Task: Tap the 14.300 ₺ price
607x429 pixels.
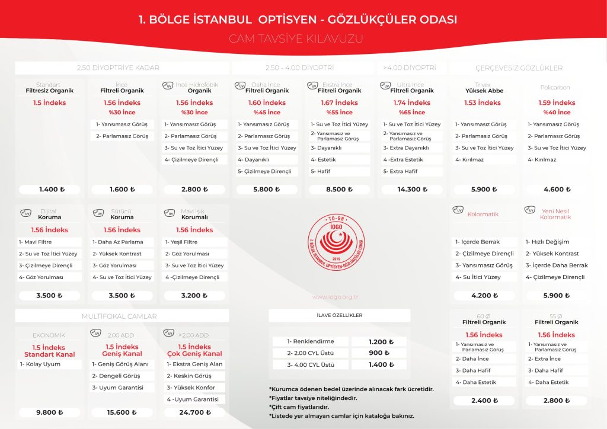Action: [x=412, y=190]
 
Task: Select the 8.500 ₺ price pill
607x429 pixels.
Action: [x=340, y=190]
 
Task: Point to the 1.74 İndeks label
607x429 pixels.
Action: [x=412, y=103]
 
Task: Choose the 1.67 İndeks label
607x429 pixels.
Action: [x=340, y=103]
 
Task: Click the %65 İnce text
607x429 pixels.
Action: [x=412, y=113]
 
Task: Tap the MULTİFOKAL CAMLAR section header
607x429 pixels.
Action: [x=122, y=316]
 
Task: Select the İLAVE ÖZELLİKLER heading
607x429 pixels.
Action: [x=340, y=315]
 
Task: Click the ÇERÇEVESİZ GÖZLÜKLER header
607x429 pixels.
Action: [x=519, y=68]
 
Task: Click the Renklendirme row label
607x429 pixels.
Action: [x=311, y=342]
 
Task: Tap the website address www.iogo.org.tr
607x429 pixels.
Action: [x=338, y=297]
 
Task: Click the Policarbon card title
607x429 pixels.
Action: [x=555, y=88]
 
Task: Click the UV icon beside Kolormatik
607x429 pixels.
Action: [x=458, y=210]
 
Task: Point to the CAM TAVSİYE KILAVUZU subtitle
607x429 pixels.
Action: [x=296, y=39]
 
